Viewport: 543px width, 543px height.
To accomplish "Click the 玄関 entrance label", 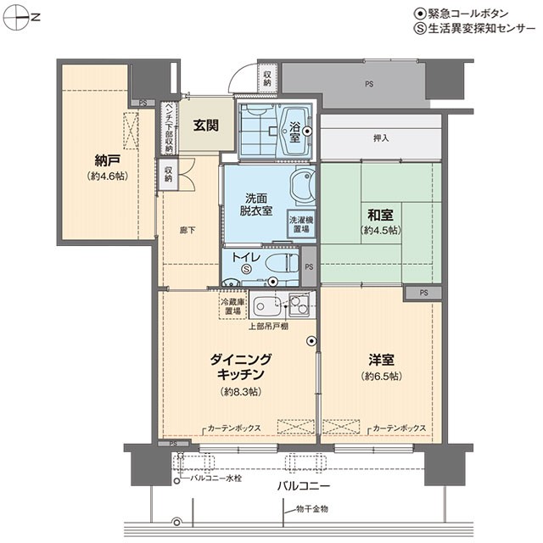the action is coord(205,125).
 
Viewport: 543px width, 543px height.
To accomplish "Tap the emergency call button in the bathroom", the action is coord(307,132).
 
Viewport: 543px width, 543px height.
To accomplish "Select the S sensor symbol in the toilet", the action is coord(246,268).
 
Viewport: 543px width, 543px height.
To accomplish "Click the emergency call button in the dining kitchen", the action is coord(311,341).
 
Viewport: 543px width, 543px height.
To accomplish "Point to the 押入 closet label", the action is coord(381,138).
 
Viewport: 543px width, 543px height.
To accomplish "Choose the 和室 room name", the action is coord(380,215).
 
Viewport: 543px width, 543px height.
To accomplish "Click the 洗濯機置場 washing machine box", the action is coord(301,224).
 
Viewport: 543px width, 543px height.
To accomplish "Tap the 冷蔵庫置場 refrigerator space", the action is coord(232,306).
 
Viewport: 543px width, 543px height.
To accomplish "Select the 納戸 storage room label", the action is coord(108,160).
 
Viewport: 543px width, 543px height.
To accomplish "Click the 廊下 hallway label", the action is coord(188,230).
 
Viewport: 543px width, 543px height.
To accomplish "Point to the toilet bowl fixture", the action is coord(282,263).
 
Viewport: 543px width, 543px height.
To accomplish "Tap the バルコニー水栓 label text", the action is coord(216,479).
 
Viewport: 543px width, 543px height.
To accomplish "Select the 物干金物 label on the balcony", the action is coord(312,509).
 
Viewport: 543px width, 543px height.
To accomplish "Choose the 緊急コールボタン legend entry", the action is coord(462,14).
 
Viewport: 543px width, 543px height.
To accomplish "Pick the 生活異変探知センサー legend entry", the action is coord(475,28).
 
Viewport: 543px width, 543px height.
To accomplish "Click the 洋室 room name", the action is coord(381,360).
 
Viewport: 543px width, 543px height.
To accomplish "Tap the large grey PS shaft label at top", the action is coord(369,84).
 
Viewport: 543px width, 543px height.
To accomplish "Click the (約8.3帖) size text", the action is coord(241,392).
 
